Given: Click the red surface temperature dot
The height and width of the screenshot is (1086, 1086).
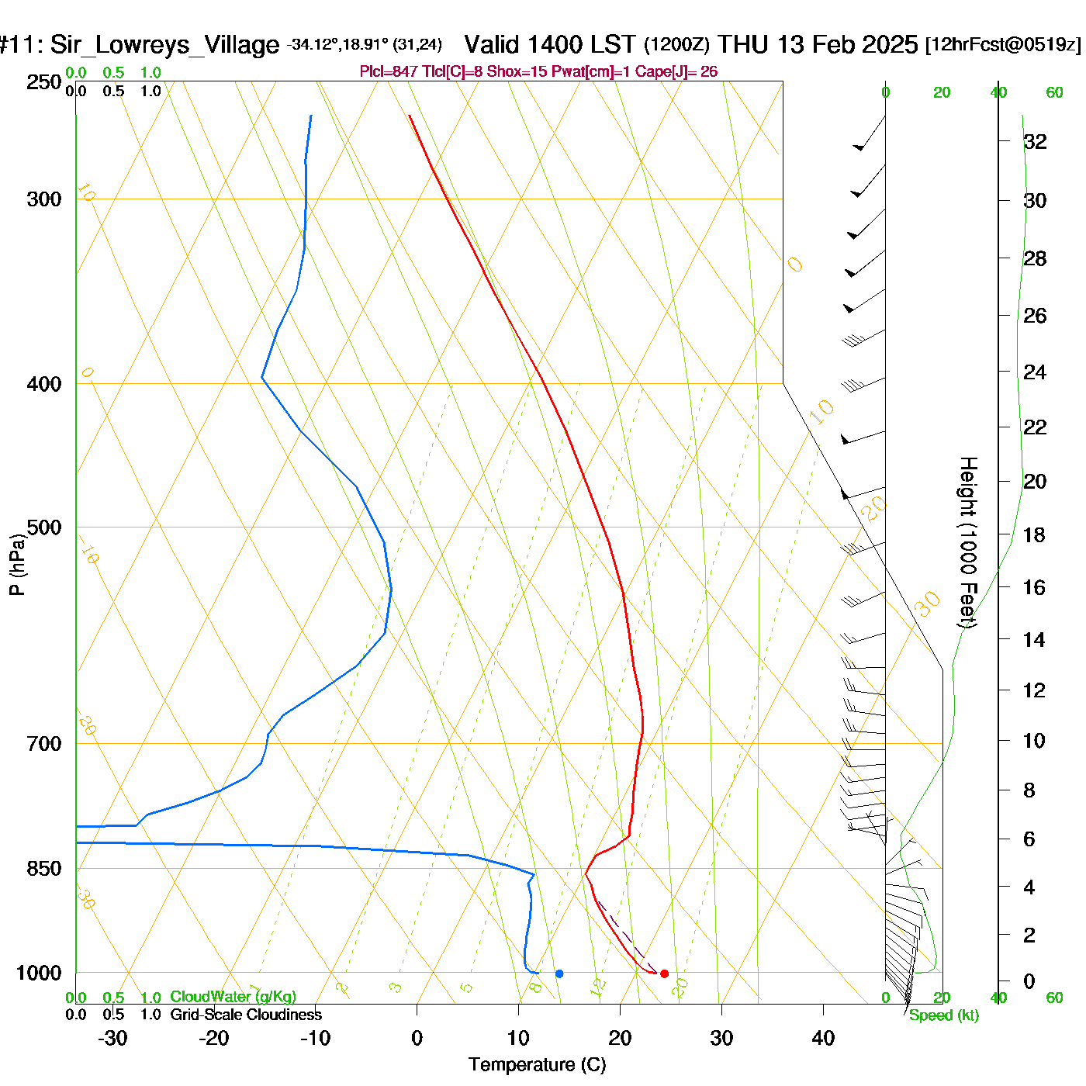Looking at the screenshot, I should (x=664, y=974).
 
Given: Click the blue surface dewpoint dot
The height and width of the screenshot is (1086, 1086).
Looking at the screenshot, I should (x=559, y=974).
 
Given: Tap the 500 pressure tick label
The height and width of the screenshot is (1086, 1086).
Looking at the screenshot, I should (x=44, y=527).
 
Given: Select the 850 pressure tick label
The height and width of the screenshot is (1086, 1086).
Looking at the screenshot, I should (x=44, y=869).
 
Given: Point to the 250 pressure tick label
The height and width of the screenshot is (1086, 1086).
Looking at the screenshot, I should (x=44, y=82).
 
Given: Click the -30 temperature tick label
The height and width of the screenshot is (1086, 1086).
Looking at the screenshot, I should (x=112, y=1038).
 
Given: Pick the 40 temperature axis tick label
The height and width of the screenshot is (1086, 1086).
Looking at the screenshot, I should (x=823, y=1038).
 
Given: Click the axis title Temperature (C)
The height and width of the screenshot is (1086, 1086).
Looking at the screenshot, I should (x=537, y=1065).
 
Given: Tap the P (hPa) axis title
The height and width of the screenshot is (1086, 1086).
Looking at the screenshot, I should (x=17, y=564).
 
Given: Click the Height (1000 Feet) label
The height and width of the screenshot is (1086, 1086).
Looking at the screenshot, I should (x=967, y=542).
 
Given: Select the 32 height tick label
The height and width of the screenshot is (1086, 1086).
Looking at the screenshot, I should (x=1035, y=142).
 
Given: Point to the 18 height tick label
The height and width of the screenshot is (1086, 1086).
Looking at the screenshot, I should (x=1034, y=534).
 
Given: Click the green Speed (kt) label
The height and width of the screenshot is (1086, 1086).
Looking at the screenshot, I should (x=944, y=1015).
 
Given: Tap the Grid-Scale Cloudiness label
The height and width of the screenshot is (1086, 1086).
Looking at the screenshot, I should (x=246, y=1015).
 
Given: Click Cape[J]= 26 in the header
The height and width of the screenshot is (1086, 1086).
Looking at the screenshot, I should (x=676, y=72).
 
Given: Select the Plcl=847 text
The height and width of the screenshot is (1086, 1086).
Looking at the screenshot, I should (x=389, y=72).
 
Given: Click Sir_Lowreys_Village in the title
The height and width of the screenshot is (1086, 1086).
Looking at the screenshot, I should (x=164, y=45).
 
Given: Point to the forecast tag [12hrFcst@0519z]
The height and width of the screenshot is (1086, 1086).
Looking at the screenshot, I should (x=1002, y=45).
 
